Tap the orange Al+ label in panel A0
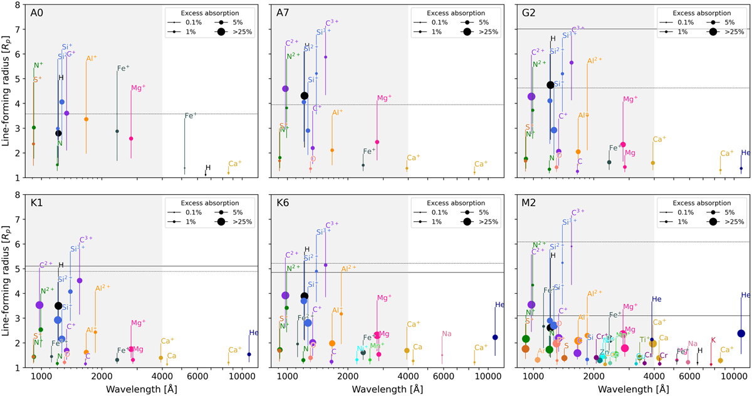(x=91, y=58)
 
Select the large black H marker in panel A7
(x=305, y=96)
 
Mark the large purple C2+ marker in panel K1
(x=39, y=305)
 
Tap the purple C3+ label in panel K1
(x=86, y=239)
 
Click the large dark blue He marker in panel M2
(x=741, y=333)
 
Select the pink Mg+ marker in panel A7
(x=377, y=142)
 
